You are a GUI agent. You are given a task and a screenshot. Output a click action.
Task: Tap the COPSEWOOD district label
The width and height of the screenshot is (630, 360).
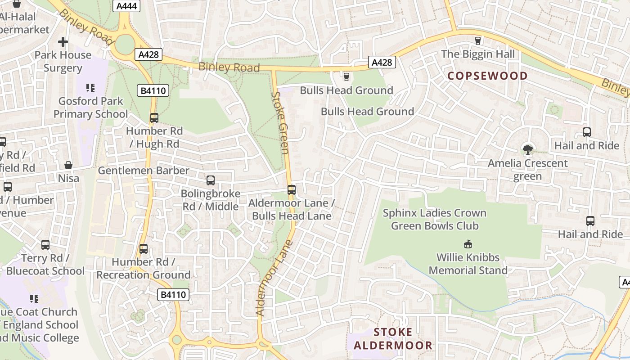(x=487, y=76)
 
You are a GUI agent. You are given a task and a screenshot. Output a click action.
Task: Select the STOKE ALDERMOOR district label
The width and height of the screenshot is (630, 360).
(x=393, y=339)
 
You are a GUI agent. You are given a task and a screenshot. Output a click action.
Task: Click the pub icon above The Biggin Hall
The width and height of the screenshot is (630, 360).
(x=478, y=41)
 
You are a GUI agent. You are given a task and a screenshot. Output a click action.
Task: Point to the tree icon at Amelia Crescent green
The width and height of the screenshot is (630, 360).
(x=527, y=149)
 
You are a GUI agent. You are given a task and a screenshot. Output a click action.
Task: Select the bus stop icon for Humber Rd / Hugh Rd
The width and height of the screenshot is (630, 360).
(x=154, y=118)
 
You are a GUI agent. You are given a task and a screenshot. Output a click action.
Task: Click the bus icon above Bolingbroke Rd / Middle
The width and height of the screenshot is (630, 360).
(x=210, y=180)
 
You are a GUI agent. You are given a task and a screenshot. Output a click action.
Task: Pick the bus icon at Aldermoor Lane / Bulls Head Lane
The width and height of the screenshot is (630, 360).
(x=292, y=190)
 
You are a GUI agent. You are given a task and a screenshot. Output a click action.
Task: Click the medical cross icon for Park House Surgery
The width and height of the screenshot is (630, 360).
(x=63, y=42)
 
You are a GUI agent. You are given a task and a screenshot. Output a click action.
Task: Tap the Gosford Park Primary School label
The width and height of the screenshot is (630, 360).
(x=90, y=107)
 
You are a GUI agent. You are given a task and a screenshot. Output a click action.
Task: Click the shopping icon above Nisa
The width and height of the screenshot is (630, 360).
(x=68, y=165)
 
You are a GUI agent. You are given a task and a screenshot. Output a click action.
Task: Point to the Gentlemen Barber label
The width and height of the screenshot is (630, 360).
(x=144, y=171)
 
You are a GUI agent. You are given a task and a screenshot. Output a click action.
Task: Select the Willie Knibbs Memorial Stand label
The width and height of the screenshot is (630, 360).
(x=468, y=264)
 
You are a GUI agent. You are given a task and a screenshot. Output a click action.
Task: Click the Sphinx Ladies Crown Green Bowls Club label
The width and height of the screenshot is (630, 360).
(x=434, y=219)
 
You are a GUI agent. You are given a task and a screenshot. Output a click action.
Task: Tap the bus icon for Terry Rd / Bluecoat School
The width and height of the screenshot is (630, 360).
(x=45, y=245)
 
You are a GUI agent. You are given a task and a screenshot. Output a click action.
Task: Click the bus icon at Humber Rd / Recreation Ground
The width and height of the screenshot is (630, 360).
(x=144, y=248)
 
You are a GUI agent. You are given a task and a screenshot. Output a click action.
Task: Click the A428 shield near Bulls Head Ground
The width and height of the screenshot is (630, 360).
(x=382, y=63)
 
